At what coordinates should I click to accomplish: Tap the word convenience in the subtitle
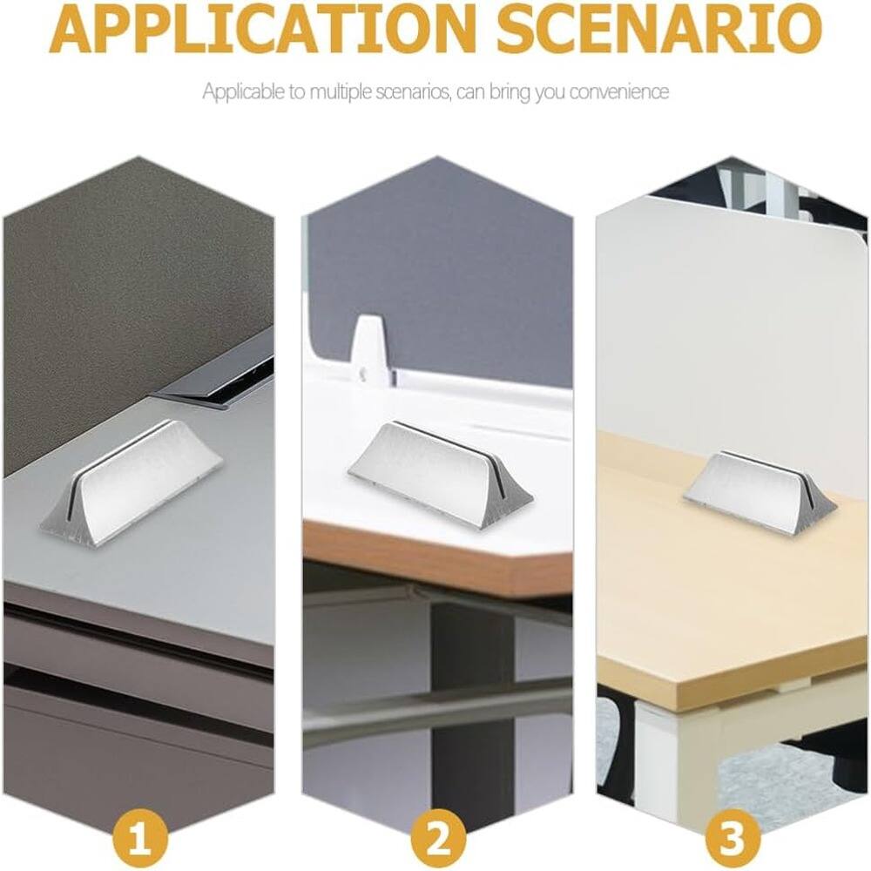[x=619, y=91]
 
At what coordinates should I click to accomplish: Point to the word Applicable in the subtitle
[x=237, y=91]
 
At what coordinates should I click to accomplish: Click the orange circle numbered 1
[x=139, y=841]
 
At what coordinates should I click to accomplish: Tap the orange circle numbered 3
[x=730, y=841]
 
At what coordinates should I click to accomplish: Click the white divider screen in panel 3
[x=732, y=331]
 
